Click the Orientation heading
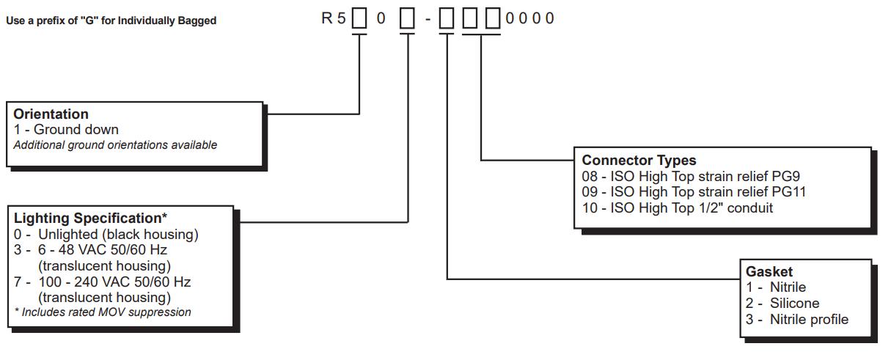point(51,114)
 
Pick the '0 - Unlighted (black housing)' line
point(106,235)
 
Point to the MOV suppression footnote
point(103,312)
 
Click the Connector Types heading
point(639,160)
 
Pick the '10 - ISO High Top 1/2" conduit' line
point(678,208)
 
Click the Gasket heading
point(769,272)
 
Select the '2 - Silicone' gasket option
point(782,303)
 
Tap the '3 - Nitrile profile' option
point(797,319)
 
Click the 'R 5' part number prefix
point(334,18)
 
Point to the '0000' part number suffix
point(530,18)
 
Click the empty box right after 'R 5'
point(359,18)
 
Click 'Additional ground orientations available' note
point(115,145)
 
